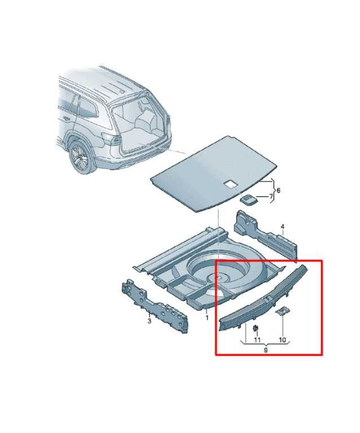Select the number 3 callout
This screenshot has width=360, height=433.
coord(149,321)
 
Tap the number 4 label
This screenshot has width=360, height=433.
coord(283,228)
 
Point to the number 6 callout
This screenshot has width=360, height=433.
coord(278,191)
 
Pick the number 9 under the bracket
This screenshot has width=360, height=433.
coord(266,351)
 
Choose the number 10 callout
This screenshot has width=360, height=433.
coord(282,341)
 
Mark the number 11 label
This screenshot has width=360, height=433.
coord(257,341)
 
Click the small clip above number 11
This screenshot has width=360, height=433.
coord(256,328)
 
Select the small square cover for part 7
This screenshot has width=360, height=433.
coord(249,198)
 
